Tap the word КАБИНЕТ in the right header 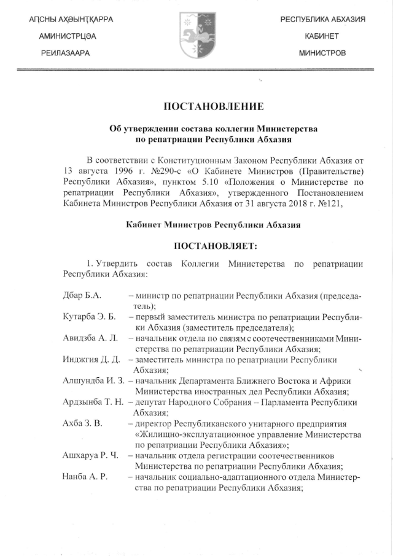(x=322, y=37)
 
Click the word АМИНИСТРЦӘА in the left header (x=68, y=37)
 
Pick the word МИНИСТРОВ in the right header (x=322, y=53)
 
